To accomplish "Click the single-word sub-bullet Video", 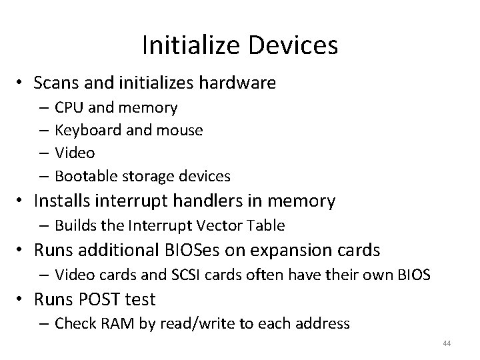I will (75, 153).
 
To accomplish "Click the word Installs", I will (65, 201).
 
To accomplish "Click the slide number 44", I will (447, 342).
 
